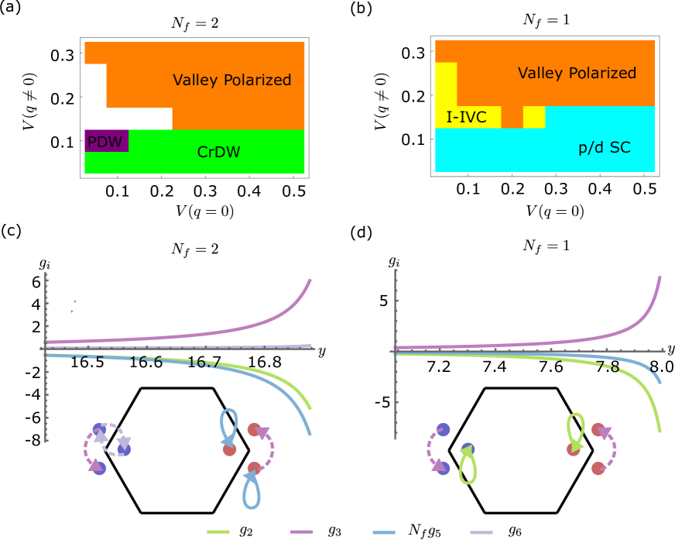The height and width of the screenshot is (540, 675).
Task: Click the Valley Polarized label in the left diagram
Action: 231,80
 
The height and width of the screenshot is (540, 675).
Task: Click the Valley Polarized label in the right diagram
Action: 577,73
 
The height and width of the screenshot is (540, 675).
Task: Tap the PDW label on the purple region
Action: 105,142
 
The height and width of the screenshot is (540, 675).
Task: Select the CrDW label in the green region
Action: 218,152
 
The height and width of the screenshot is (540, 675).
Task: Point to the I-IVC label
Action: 466,118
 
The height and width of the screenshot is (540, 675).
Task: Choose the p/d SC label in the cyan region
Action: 605,146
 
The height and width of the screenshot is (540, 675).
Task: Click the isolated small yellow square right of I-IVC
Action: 534,117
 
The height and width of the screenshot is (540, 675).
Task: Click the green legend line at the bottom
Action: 218,532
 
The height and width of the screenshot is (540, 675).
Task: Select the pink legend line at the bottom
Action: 301,532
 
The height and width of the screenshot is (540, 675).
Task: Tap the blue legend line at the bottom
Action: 384,532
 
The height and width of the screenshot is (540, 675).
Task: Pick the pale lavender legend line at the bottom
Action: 481,532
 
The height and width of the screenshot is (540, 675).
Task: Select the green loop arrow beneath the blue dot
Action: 468,469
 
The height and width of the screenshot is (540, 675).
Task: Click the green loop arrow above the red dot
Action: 574,428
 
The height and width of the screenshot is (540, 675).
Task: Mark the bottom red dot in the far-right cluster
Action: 598,468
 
